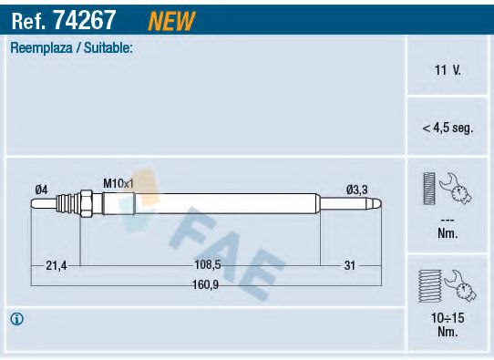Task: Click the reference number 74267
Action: (x=94, y=17)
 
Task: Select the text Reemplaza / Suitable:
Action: (x=72, y=47)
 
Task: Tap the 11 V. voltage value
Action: (x=448, y=69)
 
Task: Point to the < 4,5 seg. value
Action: (x=448, y=129)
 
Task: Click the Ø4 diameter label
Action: (x=41, y=189)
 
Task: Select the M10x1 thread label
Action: (x=118, y=183)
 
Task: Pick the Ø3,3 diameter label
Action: (x=356, y=190)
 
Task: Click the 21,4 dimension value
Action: (x=57, y=266)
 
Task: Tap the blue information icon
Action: (x=16, y=319)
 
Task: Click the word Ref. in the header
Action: (x=28, y=17)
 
